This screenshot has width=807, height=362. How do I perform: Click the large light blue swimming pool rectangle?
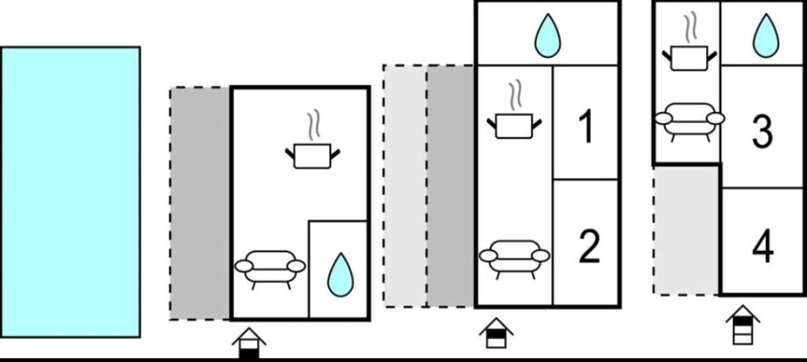click(70, 192)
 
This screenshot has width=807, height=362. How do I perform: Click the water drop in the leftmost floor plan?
click(340, 274)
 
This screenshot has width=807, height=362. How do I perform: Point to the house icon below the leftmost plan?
click(249, 343)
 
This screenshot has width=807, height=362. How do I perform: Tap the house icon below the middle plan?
click(496, 332)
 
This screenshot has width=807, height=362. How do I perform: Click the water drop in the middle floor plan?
click(547, 36)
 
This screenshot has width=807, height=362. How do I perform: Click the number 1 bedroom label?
click(586, 128)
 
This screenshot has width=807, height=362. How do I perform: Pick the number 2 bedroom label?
click(589, 246)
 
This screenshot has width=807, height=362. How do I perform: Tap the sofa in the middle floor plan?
click(515, 257)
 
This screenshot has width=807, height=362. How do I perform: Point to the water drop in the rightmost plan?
click(764, 35)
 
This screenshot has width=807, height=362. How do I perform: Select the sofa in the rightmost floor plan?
click(689, 120)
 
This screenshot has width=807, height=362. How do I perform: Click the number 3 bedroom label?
click(762, 132)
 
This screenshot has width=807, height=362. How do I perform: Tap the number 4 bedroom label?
click(762, 247)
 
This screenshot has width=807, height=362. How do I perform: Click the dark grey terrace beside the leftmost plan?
click(201, 203)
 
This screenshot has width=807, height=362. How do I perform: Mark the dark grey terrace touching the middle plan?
click(451, 186)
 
